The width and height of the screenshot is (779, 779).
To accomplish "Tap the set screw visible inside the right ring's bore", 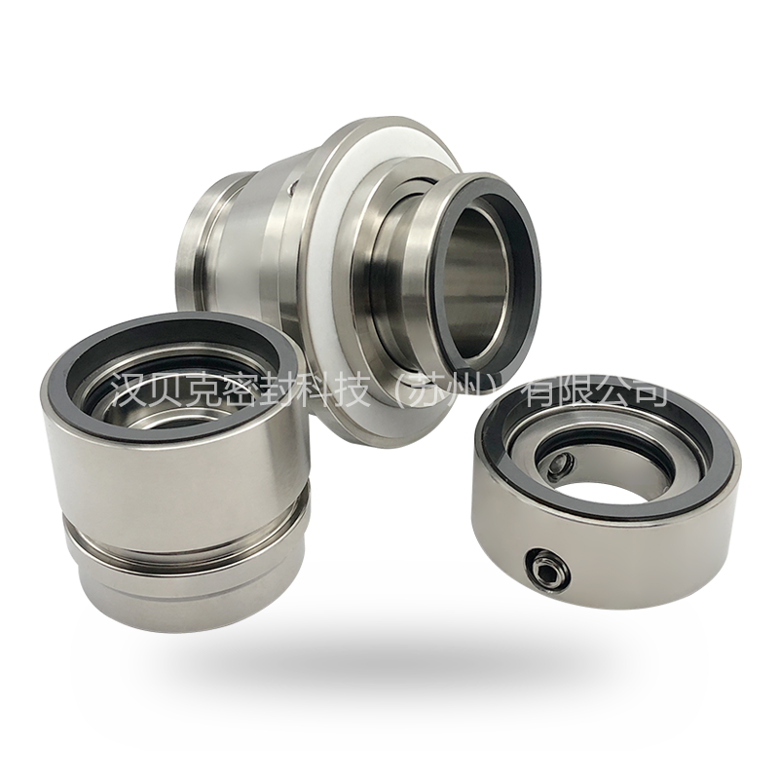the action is pos(561,467).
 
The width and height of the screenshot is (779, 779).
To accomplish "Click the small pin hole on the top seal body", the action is pos(290,188).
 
